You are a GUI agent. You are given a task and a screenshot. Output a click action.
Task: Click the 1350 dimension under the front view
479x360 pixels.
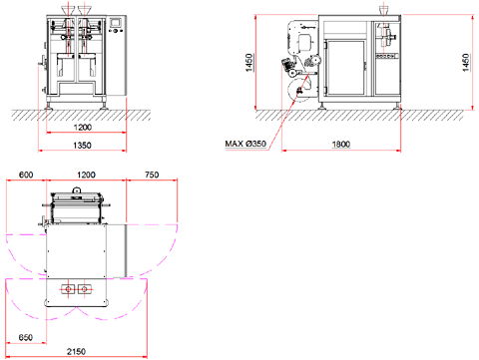click(82, 146)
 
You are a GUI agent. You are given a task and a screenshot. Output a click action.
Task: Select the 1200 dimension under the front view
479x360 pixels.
click(83, 128)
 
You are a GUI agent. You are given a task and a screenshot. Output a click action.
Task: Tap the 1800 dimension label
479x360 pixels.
click(341, 145)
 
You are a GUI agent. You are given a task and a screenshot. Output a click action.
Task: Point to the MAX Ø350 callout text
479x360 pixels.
click(245, 144)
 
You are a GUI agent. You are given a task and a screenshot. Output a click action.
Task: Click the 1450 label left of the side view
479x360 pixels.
click(249, 63)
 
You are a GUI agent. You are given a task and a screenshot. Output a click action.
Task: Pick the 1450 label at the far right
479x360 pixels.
click(466, 63)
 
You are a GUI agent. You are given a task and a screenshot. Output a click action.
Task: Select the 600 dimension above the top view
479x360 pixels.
click(26, 175)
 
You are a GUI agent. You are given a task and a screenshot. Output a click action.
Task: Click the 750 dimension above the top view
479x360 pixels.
click(152, 175)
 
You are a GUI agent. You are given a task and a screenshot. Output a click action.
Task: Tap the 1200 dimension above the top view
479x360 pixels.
click(86, 175)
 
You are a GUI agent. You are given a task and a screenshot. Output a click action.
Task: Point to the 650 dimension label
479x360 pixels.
click(26, 338)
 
